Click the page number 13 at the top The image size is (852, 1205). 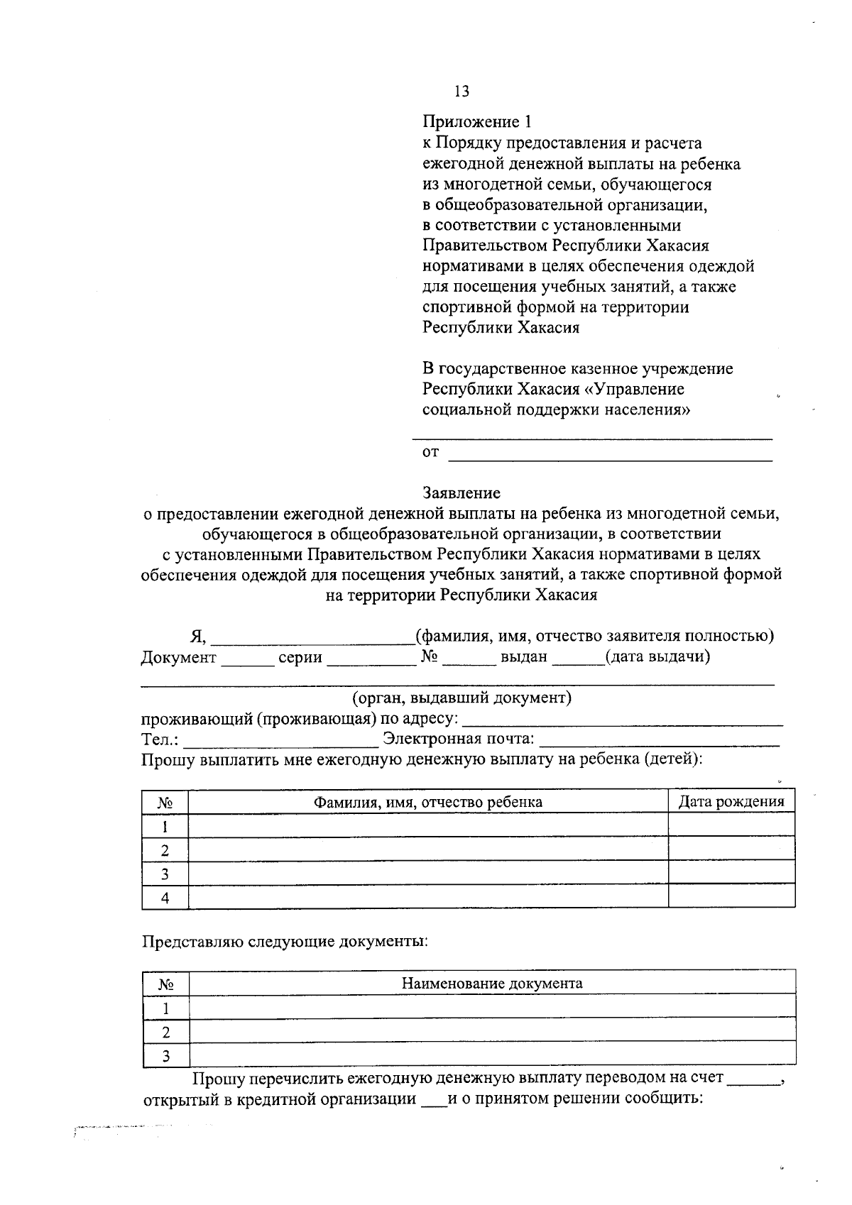coord(461,92)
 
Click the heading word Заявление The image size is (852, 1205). coord(461,493)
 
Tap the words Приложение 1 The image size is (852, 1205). coord(476,122)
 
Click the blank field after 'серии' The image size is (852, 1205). coord(371,659)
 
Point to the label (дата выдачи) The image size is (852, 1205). coord(657,656)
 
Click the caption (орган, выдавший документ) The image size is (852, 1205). coord(461,698)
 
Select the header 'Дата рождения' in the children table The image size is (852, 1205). coord(731,802)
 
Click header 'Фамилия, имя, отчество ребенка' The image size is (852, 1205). coord(428,802)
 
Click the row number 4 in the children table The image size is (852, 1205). coord(165,898)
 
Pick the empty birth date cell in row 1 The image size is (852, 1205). coord(731,825)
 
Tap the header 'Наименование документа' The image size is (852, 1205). coord(492,984)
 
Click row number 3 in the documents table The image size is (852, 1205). coord(165,1056)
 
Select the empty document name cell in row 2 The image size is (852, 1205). coord(492,1031)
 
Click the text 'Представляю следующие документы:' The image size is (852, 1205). coord(285,942)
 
